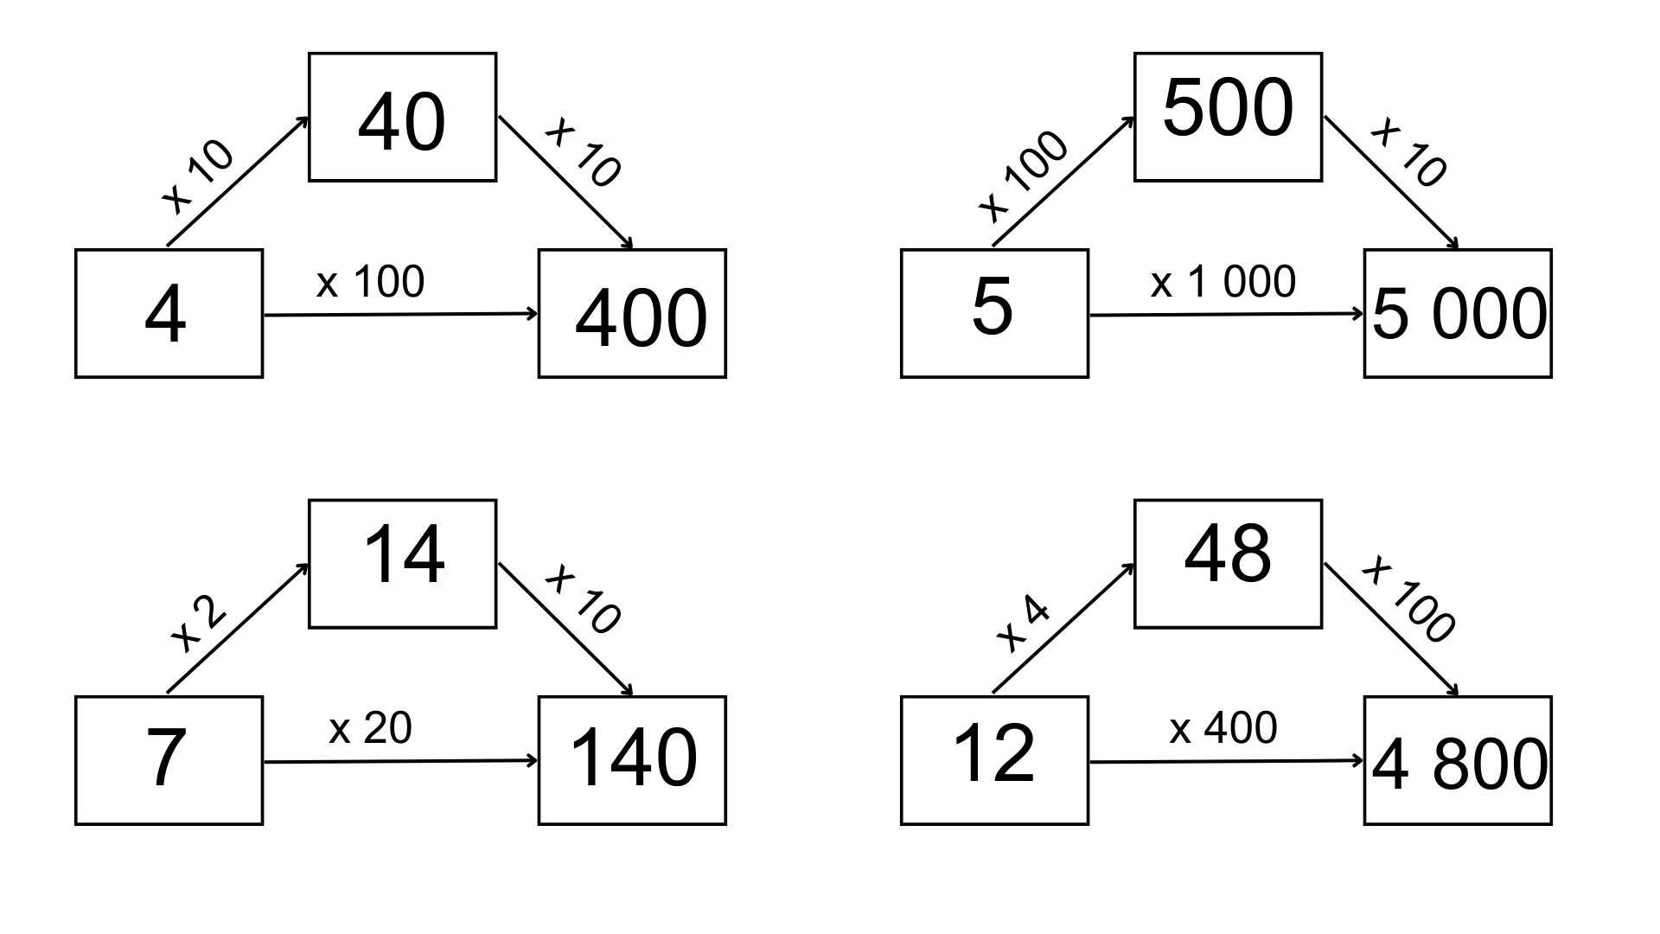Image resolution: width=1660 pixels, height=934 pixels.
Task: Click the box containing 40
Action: [402, 117]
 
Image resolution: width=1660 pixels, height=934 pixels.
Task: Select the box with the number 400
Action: [632, 313]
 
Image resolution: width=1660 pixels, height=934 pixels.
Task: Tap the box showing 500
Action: [1228, 117]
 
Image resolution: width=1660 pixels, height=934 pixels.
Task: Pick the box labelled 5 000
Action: [1458, 313]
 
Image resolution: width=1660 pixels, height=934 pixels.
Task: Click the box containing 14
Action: [402, 564]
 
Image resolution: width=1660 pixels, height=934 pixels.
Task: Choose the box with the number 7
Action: [169, 760]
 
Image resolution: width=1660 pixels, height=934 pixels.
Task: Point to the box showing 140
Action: [632, 760]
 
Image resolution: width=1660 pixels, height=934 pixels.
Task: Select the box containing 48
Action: [1228, 564]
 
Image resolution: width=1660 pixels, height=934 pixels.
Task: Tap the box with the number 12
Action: [994, 760]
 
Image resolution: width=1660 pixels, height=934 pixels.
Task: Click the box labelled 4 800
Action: [1458, 760]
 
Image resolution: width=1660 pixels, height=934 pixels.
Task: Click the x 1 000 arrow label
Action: [1223, 283]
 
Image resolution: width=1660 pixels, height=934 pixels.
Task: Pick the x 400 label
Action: [1223, 728]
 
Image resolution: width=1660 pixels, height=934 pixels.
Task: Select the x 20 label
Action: [370, 728]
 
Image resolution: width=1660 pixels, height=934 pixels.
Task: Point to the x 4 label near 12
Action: [1023, 624]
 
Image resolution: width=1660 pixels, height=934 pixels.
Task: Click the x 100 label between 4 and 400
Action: [370, 283]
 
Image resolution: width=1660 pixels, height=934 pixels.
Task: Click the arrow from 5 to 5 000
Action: [1226, 315]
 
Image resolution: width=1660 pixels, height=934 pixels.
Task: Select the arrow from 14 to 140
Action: [565, 630]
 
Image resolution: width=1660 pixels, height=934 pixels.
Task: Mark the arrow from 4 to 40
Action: [238, 181]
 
